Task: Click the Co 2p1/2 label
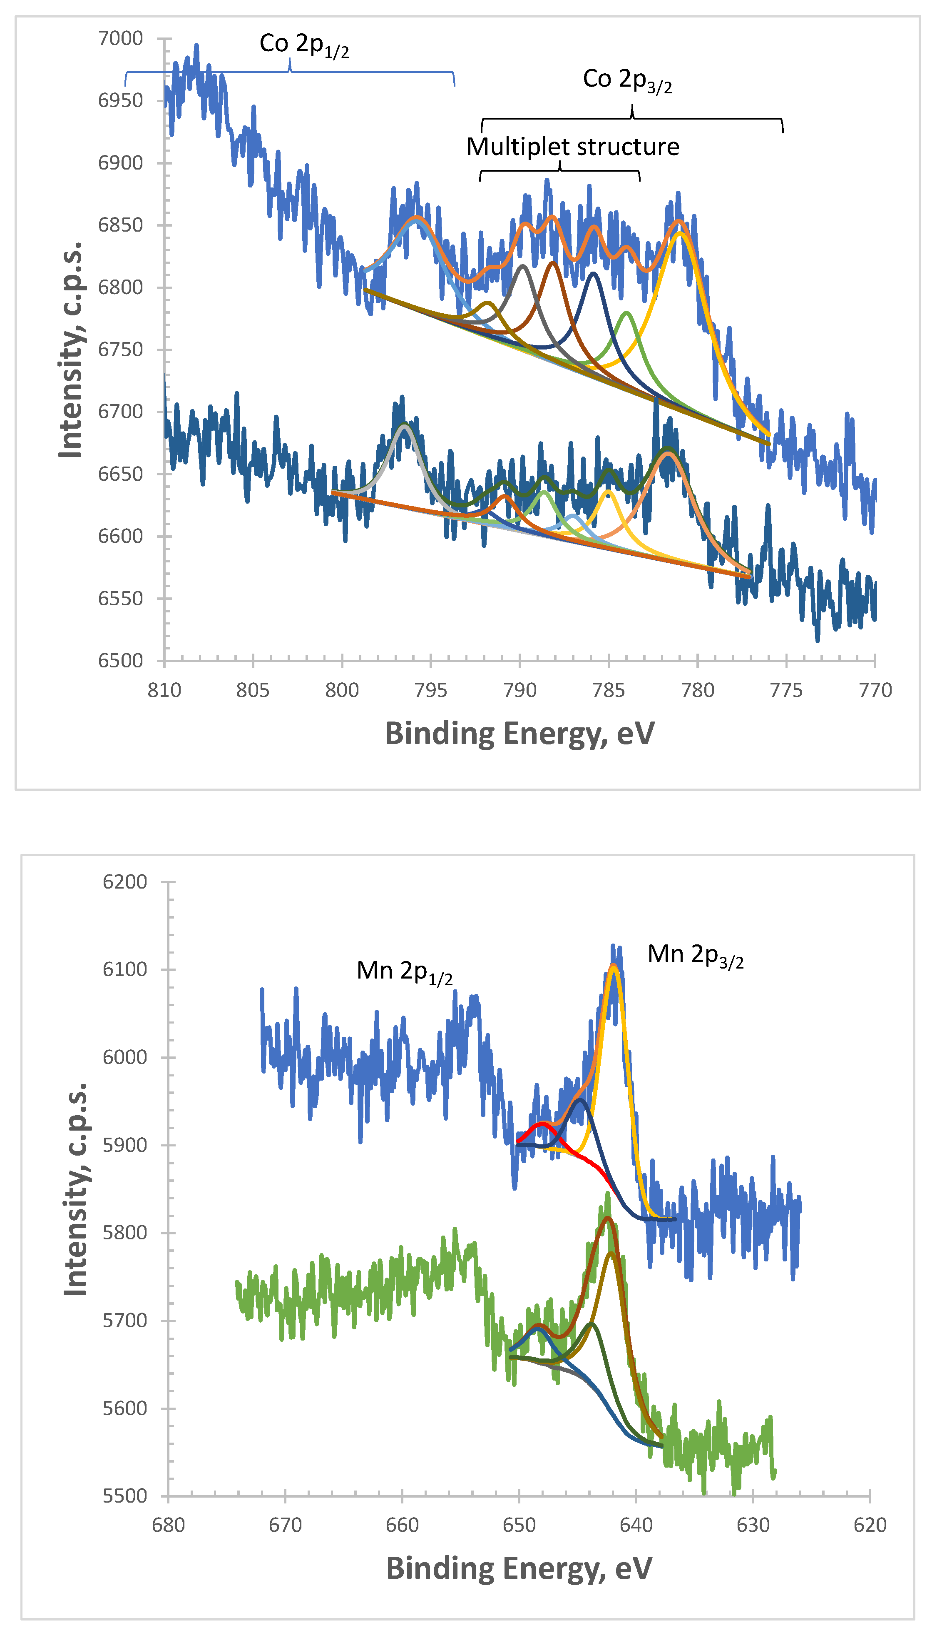tap(304, 45)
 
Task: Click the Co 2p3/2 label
tap(627, 80)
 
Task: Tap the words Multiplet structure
tap(573, 147)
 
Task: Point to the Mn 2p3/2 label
tap(696, 956)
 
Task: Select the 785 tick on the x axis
tap(608, 690)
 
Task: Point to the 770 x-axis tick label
tap(875, 690)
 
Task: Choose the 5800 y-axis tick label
tap(125, 1233)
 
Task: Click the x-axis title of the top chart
tap(520, 734)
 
